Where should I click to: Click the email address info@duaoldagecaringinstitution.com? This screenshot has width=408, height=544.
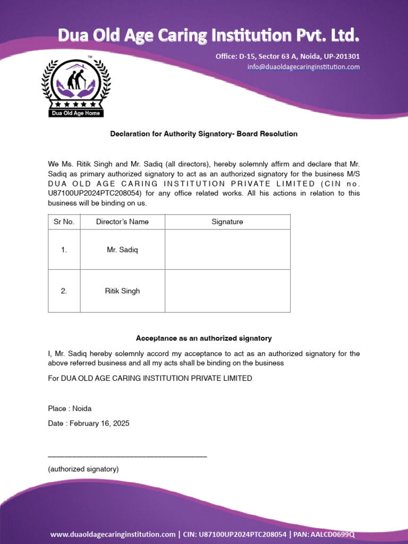[303, 67]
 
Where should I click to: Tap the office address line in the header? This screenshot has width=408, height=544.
[287, 56]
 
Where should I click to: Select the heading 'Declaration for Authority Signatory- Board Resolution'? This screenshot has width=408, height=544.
[203, 134]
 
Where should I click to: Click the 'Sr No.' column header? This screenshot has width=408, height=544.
[64, 222]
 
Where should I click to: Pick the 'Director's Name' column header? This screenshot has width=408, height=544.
[122, 222]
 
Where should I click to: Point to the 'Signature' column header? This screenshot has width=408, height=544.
[227, 222]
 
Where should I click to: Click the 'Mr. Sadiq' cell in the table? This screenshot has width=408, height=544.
[122, 250]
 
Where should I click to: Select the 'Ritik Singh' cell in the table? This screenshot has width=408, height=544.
[122, 291]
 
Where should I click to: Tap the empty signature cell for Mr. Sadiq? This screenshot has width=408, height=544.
[227, 250]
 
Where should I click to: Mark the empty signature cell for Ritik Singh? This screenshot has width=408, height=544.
[227, 291]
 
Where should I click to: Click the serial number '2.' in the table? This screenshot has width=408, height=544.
[64, 291]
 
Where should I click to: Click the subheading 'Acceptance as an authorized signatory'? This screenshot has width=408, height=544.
[203, 338]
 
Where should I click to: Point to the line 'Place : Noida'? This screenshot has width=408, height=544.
[70, 409]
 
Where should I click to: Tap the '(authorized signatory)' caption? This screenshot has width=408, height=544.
[83, 469]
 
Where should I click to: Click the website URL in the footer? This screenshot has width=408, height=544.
[113, 534]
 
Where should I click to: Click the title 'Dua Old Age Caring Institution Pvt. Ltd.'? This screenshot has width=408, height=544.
[209, 36]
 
